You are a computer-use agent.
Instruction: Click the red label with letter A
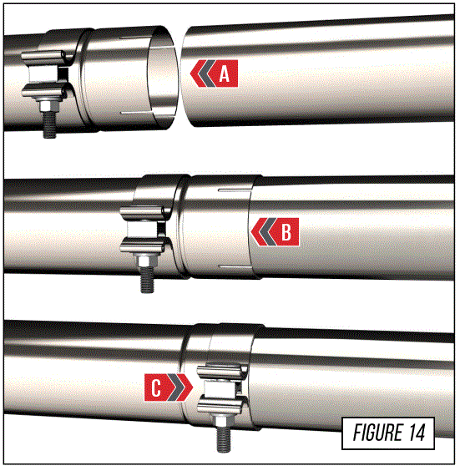click(x=215, y=74)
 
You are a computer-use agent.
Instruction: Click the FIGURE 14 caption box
click(x=388, y=433)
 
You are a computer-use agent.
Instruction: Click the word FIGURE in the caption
click(x=373, y=433)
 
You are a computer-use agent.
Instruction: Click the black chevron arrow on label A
click(x=199, y=74)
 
